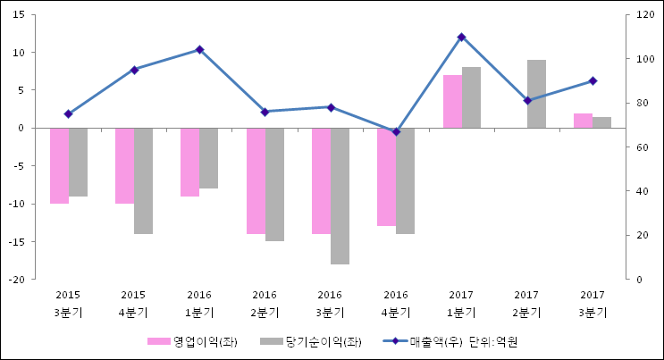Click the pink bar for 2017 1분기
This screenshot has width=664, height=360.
point(452,101)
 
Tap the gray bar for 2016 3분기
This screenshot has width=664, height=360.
point(340,196)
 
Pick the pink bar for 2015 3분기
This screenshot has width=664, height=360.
point(59,165)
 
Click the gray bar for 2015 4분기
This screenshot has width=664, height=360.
point(143,180)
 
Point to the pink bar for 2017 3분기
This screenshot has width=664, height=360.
point(583,121)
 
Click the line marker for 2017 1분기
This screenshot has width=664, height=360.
point(462,38)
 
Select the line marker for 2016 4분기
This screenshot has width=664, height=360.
point(396,132)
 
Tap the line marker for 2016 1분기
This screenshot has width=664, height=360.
point(199,50)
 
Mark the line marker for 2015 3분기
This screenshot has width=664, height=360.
point(68,113)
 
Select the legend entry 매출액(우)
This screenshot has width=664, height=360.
point(420,341)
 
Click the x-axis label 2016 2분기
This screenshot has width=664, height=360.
point(265,304)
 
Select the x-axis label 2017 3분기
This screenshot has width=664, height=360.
point(592,304)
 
